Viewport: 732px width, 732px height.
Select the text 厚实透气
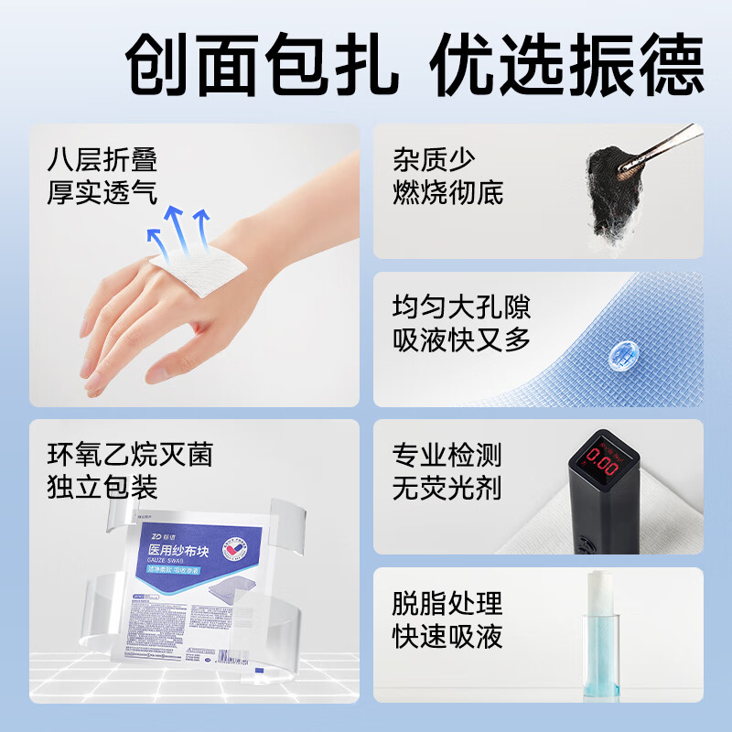coord(102,192)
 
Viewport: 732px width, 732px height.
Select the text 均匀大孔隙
coord(461,307)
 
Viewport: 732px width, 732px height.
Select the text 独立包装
coord(102,486)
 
